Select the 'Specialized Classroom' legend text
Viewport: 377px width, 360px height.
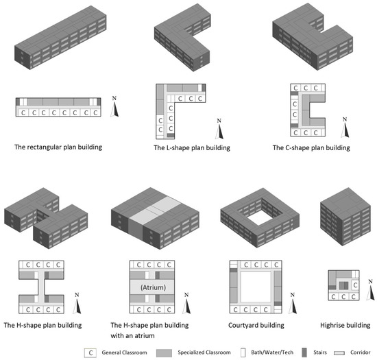coord(195,352)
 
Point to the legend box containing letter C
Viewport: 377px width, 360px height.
coord(90,352)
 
